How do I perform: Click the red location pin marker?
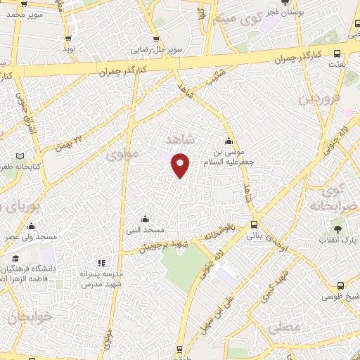[181, 165]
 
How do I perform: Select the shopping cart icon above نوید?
[67, 39]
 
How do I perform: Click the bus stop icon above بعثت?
[337, 53]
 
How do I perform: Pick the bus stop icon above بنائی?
[255, 225]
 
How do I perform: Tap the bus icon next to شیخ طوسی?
[340, 285]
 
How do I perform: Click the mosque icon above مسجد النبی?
[145, 219]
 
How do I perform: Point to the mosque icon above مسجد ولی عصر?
[31, 226]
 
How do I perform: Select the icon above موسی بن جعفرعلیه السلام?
[228, 140]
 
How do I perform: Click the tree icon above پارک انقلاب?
[337, 229]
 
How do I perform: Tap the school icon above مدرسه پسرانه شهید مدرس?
[101, 262]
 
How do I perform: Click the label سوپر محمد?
[20, 14]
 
